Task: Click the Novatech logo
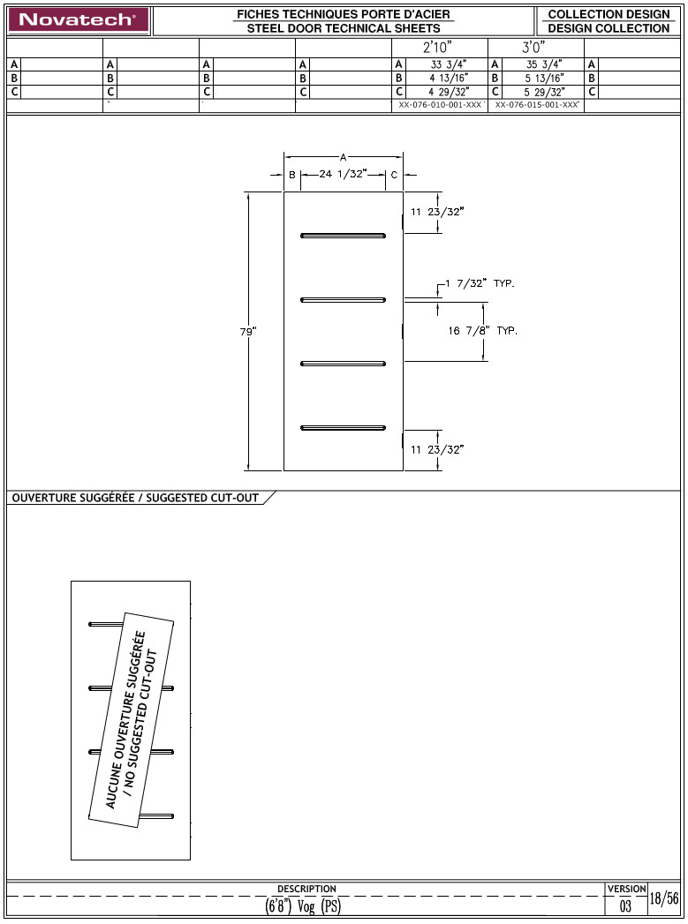pos(78,19)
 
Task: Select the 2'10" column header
pos(440,48)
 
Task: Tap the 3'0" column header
pos(536,48)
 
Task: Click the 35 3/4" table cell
pos(545,64)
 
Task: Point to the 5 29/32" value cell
pos(545,92)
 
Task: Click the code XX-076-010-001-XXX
pos(440,105)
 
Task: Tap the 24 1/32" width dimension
pos(342,175)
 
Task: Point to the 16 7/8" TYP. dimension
pos(482,331)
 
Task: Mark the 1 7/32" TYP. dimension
pos(480,284)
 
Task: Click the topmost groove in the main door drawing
pos(344,235)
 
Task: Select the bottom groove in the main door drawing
pos(344,428)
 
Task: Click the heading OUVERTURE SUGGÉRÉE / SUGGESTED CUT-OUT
pos(135,498)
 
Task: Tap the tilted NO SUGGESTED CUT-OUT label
pos(130,718)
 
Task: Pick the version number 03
pos(625,906)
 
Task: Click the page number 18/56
pos(664,899)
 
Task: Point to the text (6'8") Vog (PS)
pos(303,906)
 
